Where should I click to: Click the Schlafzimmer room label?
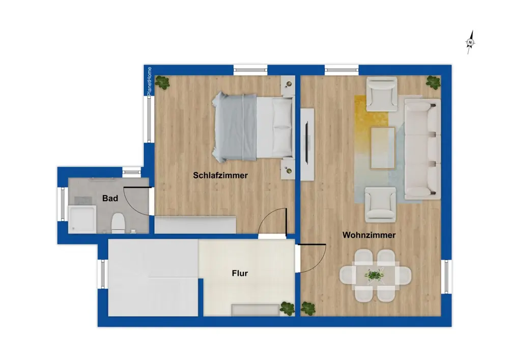coord(220,175)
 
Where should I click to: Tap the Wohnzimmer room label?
coord(369,235)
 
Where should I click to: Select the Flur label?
coord(240,273)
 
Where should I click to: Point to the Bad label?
coord(110,199)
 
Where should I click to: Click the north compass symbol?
coord(470,42)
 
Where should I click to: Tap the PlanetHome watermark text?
coord(149,81)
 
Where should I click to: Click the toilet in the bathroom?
coord(118,223)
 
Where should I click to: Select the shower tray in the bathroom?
coord(82,219)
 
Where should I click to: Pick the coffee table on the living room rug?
coord(383,148)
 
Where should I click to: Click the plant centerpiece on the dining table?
coord(374,275)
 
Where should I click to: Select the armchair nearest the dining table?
coord(380,204)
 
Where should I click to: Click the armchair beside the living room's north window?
coord(382,94)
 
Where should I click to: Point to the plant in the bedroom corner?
coord(162,82)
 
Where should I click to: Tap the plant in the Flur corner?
coord(287,309)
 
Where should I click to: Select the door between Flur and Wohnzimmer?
coord(311,258)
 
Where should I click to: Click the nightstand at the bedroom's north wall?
coord(288,85)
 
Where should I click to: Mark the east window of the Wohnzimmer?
coord(446,276)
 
